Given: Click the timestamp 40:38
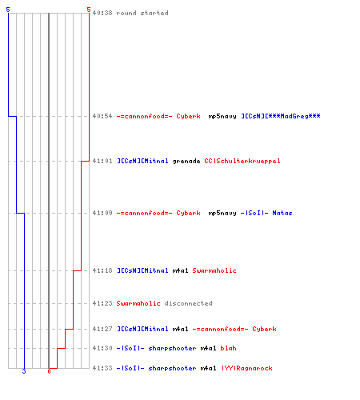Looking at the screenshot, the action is pos(102,13).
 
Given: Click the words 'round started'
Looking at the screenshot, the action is pos(142,13).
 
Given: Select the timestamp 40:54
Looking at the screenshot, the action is pos(102,116).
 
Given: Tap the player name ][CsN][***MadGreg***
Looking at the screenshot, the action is pos(281,116).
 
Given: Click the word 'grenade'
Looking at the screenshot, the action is pos(186,161).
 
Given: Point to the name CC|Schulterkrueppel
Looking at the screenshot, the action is pos(242,161).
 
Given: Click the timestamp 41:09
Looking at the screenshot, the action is pos(102,213).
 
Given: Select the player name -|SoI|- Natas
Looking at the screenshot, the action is pos(266,213).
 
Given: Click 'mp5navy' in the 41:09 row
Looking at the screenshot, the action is pos(222,213).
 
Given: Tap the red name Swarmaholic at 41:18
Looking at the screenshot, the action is pos(214,270).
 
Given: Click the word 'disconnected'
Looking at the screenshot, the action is pos(188,303).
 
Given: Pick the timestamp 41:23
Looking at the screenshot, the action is pos(102,303).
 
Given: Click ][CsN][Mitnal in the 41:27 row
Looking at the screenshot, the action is pos(142,329).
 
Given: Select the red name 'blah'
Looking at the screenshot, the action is pos(228,348).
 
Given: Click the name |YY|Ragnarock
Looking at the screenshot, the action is pos(247,368).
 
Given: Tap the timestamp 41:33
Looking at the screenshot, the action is pos(102,368).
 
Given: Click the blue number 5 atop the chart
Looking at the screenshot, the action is pos(8,10).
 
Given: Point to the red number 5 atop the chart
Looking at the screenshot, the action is pos(89,10).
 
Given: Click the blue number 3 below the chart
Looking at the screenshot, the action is pos(24,371).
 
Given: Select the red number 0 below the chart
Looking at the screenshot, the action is pos(49,371).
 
